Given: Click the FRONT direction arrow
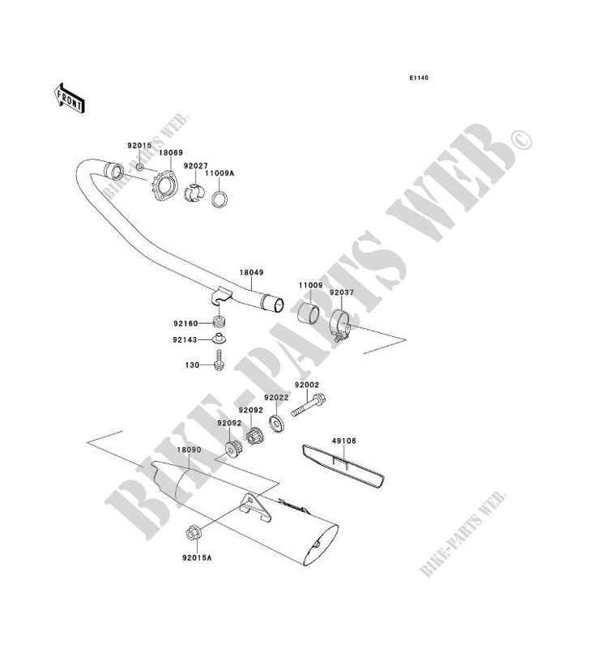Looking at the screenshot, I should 70,97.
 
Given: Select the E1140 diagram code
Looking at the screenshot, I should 418,79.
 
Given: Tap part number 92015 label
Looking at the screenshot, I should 139,146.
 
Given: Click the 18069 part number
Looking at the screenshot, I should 170,152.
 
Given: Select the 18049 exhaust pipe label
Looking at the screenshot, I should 251,274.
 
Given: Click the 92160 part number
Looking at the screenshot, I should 185,322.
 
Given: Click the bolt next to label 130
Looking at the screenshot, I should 220,361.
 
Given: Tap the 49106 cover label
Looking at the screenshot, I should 343,441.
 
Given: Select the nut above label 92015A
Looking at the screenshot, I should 193,533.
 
